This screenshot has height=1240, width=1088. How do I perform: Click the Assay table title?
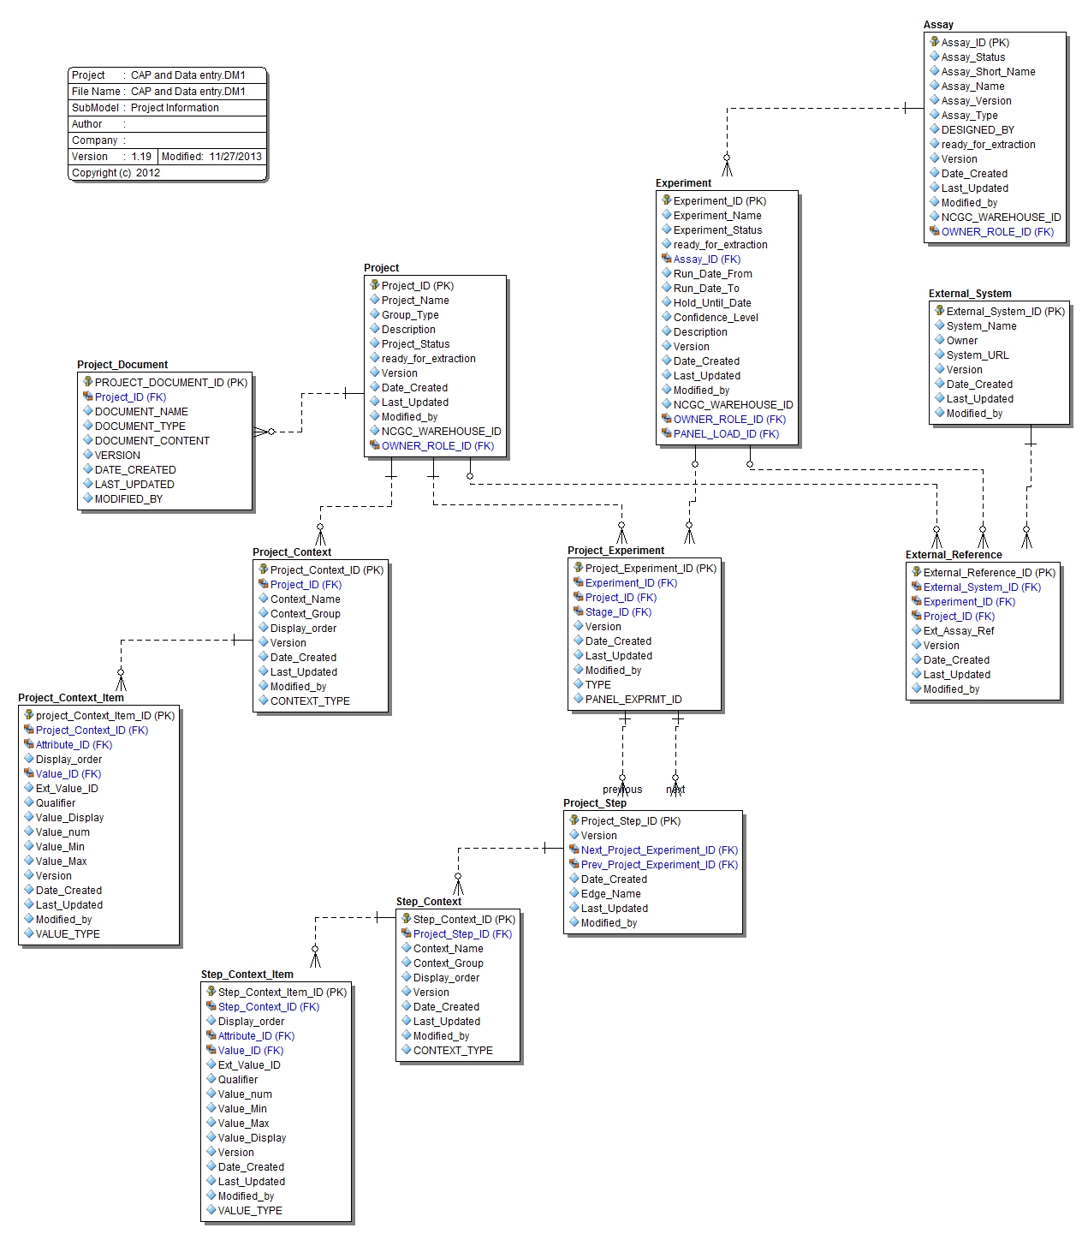coord(938,25)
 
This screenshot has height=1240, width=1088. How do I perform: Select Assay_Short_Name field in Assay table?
coord(988,72)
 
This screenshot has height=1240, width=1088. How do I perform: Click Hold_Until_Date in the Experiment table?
coord(711,303)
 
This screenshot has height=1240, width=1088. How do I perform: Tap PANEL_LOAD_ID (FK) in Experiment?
coord(726,434)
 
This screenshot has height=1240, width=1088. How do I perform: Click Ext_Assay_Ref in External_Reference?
coord(958,631)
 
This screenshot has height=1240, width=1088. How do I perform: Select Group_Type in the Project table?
coord(409,315)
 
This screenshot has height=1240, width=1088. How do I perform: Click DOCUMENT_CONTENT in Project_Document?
coord(152,441)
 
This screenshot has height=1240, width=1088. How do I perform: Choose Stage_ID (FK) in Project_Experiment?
coord(618,612)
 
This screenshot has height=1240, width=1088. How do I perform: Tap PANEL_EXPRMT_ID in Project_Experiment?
coord(633,700)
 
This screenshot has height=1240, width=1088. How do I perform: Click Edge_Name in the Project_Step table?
coord(610,894)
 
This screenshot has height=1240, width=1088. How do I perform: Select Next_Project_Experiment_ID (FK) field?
coord(658,850)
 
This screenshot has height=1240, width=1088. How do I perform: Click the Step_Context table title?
coord(428,902)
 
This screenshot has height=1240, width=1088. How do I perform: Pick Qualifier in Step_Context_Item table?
coord(237,1080)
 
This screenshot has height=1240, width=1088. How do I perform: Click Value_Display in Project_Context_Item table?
coord(69,818)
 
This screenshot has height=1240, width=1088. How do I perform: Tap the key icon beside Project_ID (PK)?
coord(375,285)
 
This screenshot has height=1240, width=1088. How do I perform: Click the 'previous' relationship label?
coord(621,790)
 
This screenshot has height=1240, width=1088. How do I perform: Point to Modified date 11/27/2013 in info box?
coord(235,157)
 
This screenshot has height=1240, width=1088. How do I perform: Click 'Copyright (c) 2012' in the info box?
coord(116,173)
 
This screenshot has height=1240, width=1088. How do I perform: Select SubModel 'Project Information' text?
coord(175,108)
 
